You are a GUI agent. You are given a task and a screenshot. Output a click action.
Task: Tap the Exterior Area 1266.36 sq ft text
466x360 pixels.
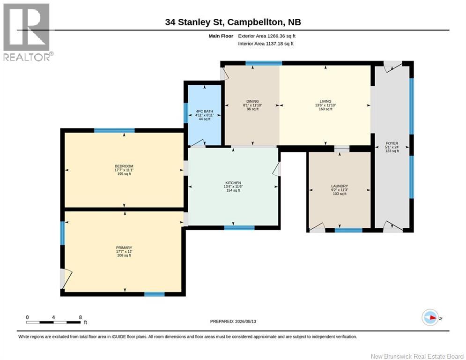[266, 36]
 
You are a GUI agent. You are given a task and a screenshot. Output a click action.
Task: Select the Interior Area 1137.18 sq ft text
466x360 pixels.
[266, 44]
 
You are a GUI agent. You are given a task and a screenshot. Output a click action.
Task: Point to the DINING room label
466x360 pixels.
[252, 101]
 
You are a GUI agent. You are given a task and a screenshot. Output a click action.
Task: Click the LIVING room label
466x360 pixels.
[325, 101]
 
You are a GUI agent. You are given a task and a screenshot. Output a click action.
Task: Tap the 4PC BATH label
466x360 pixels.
[205, 111]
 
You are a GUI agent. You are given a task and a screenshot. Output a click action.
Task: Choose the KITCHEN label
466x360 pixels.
[233, 183]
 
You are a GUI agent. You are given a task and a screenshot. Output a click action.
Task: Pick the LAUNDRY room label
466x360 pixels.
[340, 186]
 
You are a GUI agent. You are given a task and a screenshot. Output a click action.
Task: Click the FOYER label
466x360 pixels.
[392, 143]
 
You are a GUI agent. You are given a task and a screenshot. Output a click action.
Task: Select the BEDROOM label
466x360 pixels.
[124, 166]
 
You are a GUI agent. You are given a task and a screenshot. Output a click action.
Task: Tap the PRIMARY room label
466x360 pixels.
[124, 247]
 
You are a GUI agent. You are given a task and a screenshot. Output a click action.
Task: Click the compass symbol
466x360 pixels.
[430, 317]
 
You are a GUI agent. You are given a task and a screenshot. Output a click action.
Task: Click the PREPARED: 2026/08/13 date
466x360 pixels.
[233, 321]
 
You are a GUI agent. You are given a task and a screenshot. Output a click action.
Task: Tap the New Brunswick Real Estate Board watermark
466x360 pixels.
[417, 356]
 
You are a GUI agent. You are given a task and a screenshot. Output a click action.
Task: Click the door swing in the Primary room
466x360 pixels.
[67, 279]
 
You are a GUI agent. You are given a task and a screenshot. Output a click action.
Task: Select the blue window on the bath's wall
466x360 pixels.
[186, 113]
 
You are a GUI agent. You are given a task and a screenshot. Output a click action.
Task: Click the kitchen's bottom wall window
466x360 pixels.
[239, 228]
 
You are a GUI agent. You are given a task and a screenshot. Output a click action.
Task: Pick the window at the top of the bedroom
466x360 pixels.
[114, 130]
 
